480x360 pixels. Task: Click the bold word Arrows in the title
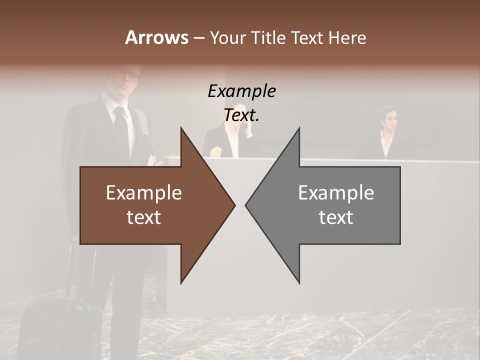(156, 37)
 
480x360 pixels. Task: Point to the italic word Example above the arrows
(242, 91)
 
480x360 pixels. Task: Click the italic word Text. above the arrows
(242, 115)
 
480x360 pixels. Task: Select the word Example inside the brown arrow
(144, 192)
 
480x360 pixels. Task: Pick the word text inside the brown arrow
(144, 217)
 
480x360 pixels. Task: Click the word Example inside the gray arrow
(336, 192)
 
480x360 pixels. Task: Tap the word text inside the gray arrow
(336, 217)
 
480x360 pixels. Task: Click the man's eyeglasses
(131, 76)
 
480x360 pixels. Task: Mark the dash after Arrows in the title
(198, 38)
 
